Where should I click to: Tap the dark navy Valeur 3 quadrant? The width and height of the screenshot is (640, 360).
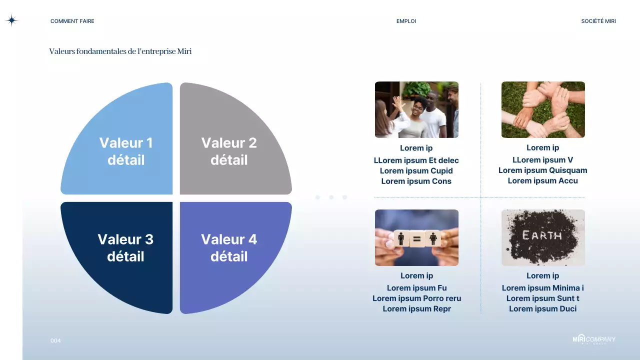pos(125,250)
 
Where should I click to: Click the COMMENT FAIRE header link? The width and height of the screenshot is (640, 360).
pos(72,21)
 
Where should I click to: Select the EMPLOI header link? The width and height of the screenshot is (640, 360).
pos(406,21)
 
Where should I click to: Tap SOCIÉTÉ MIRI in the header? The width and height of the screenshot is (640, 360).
pos(598,21)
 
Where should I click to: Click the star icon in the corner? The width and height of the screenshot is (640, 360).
pos(11,20)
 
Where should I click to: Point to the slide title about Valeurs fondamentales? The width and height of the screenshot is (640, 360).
pos(120,51)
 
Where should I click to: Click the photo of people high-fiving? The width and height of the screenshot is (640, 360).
pos(416,109)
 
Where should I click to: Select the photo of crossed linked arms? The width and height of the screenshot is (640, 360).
pos(543,109)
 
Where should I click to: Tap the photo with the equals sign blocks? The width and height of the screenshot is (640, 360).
pos(416,237)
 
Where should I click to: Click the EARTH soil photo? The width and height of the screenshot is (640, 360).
pos(543,237)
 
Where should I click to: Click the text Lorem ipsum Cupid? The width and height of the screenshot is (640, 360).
pos(416,171)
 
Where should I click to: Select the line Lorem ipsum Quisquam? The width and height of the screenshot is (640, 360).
pos(542,170)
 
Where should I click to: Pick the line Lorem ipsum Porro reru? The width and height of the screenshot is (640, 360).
pos(416,298)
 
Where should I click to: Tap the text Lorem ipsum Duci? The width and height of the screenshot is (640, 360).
pos(542,309)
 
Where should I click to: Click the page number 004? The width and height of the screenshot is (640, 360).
pos(55,340)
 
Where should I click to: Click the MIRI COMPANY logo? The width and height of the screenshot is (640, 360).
pos(594,339)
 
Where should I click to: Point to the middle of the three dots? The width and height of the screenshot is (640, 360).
pos(331,197)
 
